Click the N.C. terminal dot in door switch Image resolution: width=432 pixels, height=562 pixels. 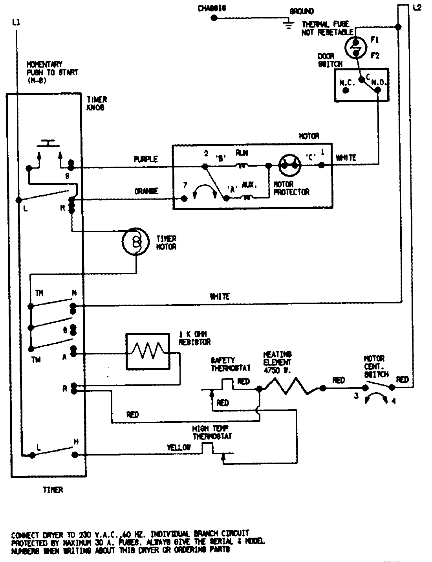tap(345, 90)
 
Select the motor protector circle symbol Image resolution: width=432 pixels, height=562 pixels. tap(289, 165)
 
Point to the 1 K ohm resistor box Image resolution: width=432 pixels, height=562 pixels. tap(148, 352)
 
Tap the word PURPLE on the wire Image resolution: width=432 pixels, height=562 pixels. tap(145, 159)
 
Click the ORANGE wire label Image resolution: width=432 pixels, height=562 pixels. tap(146, 191)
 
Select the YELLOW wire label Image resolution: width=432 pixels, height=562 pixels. tap(179, 447)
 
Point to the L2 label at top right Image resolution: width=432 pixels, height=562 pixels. tap(417, 7)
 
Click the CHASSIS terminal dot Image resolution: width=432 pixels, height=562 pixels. tap(214, 18)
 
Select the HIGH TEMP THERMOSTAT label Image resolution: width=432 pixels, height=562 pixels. tap(212, 432)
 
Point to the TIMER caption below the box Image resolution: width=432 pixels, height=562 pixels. tap(53, 490)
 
